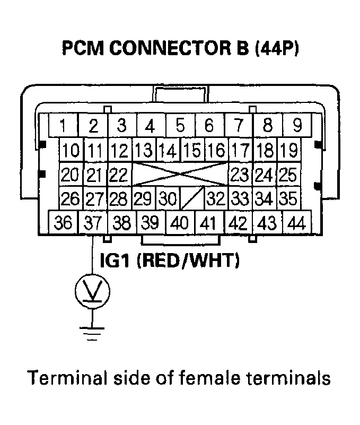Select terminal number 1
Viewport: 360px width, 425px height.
(x=63, y=126)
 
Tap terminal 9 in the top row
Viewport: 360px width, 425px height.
(x=297, y=126)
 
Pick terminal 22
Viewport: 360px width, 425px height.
(x=120, y=175)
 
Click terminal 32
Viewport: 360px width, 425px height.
(x=216, y=200)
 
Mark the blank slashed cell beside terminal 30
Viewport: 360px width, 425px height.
(x=192, y=200)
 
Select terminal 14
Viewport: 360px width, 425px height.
(x=168, y=150)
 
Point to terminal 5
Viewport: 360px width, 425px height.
(x=180, y=126)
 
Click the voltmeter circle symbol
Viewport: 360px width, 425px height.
(x=93, y=290)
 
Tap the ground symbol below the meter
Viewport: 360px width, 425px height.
(x=93, y=332)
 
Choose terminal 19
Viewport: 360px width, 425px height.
(x=288, y=150)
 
